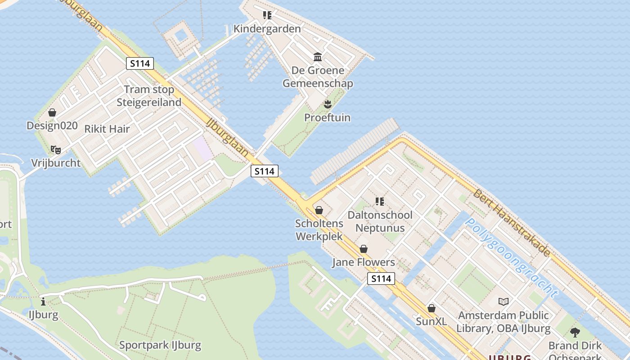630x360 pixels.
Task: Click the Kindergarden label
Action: tap(267, 29)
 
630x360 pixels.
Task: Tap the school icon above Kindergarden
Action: tap(267, 15)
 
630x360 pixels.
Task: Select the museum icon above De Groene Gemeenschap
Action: tap(318, 57)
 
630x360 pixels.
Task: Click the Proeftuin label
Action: tap(327, 118)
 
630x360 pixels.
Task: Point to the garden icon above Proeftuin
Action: tap(328, 104)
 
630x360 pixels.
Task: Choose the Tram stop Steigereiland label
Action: tap(149, 96)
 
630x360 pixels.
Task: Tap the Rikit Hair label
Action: tap(107, 129)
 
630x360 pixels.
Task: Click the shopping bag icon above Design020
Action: tap(52, 112)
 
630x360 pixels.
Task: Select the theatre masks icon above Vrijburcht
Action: tap(55, 149)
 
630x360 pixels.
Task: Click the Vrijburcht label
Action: tap(56, 163)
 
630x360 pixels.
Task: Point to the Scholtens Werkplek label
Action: tap(319, 230)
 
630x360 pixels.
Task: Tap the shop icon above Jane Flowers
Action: tap(364, 249)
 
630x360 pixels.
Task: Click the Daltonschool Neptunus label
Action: tap(380, 221)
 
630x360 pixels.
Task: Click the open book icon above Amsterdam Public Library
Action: tap(504, 301)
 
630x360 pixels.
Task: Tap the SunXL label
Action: tap(431, 321)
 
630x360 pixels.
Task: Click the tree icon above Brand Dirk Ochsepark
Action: tap(575, 333)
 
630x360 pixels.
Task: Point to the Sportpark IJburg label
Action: tap(160, 345)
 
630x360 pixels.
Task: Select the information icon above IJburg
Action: tap(43, 301)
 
